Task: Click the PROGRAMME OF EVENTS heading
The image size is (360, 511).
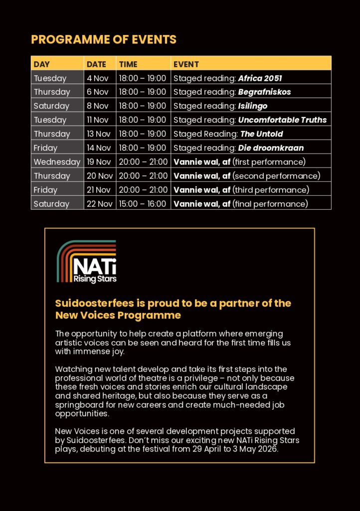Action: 104,39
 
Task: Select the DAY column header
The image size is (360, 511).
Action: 42,64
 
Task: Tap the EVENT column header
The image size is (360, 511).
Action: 186,64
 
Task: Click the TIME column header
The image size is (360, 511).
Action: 128,64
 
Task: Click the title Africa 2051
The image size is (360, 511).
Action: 260,78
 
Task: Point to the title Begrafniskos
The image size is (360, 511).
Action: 264,92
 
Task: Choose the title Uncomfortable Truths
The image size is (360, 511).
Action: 282,120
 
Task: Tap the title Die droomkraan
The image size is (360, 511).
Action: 271,148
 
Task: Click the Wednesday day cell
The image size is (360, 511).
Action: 57,162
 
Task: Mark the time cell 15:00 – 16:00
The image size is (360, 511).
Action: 142,204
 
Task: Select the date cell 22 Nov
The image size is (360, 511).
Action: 99,204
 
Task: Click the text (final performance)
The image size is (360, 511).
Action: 270,204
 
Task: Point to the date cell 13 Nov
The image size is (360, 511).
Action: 99,134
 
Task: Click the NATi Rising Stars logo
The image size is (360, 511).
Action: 87,262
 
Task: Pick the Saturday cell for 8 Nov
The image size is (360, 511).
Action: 51,106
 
